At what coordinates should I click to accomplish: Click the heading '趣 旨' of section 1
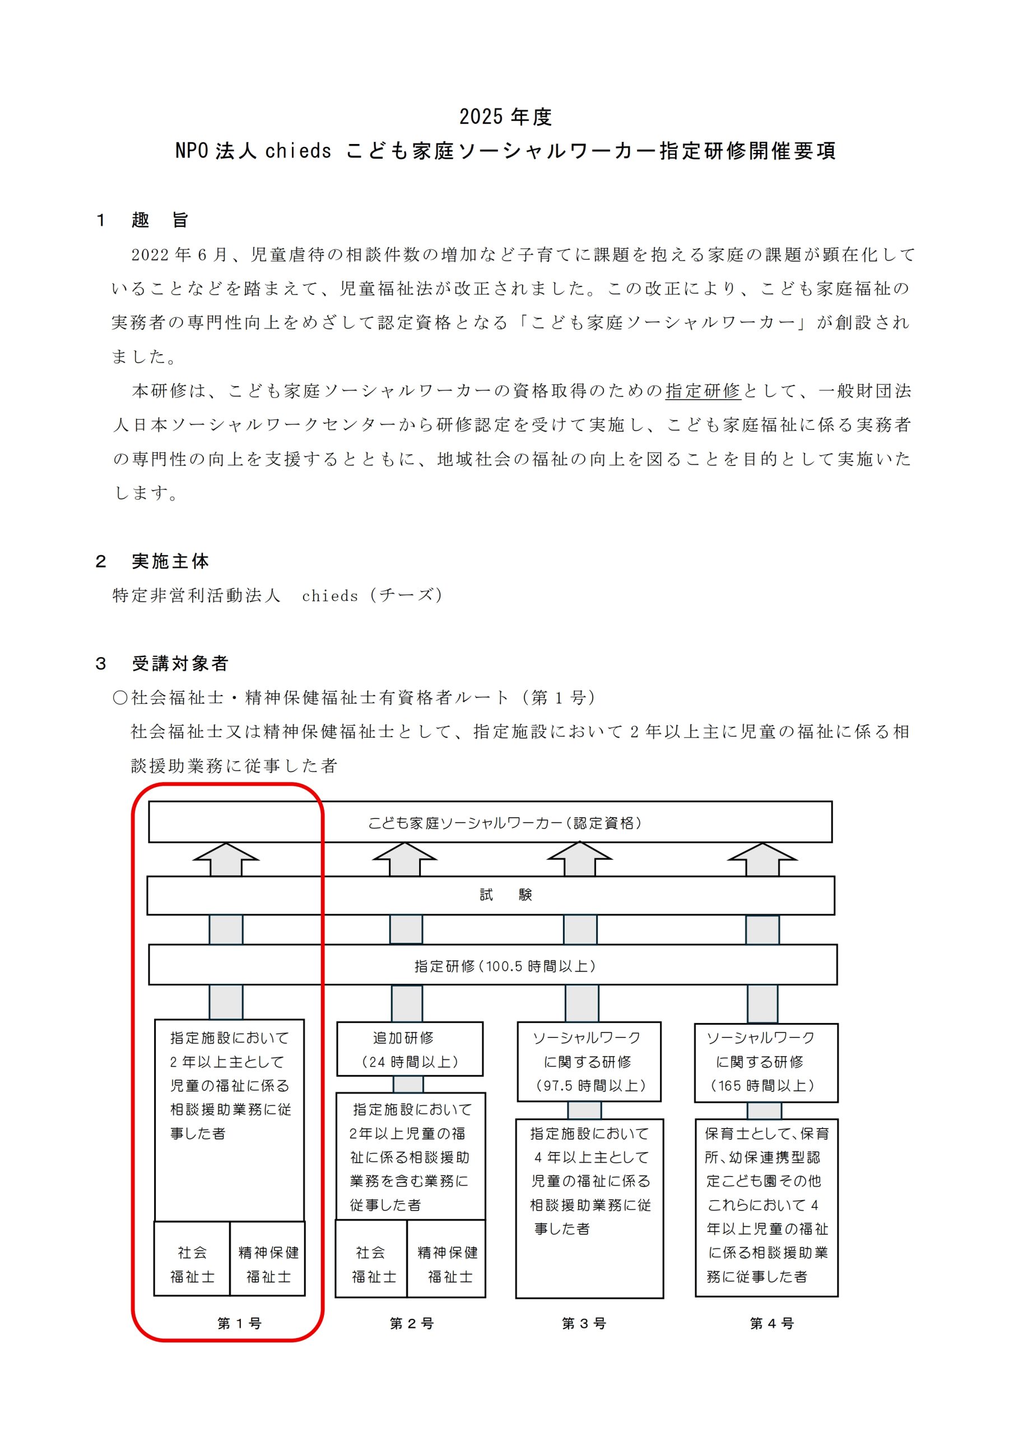[160, 220]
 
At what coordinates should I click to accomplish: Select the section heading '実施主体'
[170, 561]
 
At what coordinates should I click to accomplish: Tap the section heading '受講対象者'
[180, 663]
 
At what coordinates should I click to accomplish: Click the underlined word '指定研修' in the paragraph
[703, 391]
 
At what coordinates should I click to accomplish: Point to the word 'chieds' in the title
[298, 151]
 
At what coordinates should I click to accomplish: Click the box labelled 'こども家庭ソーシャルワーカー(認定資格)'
[490, 822]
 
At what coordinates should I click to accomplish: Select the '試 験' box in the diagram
[490, 895]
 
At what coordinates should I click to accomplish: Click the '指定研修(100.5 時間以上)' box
[492, 966]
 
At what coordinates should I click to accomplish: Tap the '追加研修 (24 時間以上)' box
[410, 1049]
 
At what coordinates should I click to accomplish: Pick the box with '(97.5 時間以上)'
[589, 1062]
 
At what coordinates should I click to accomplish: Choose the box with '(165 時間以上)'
[766, 1062]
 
